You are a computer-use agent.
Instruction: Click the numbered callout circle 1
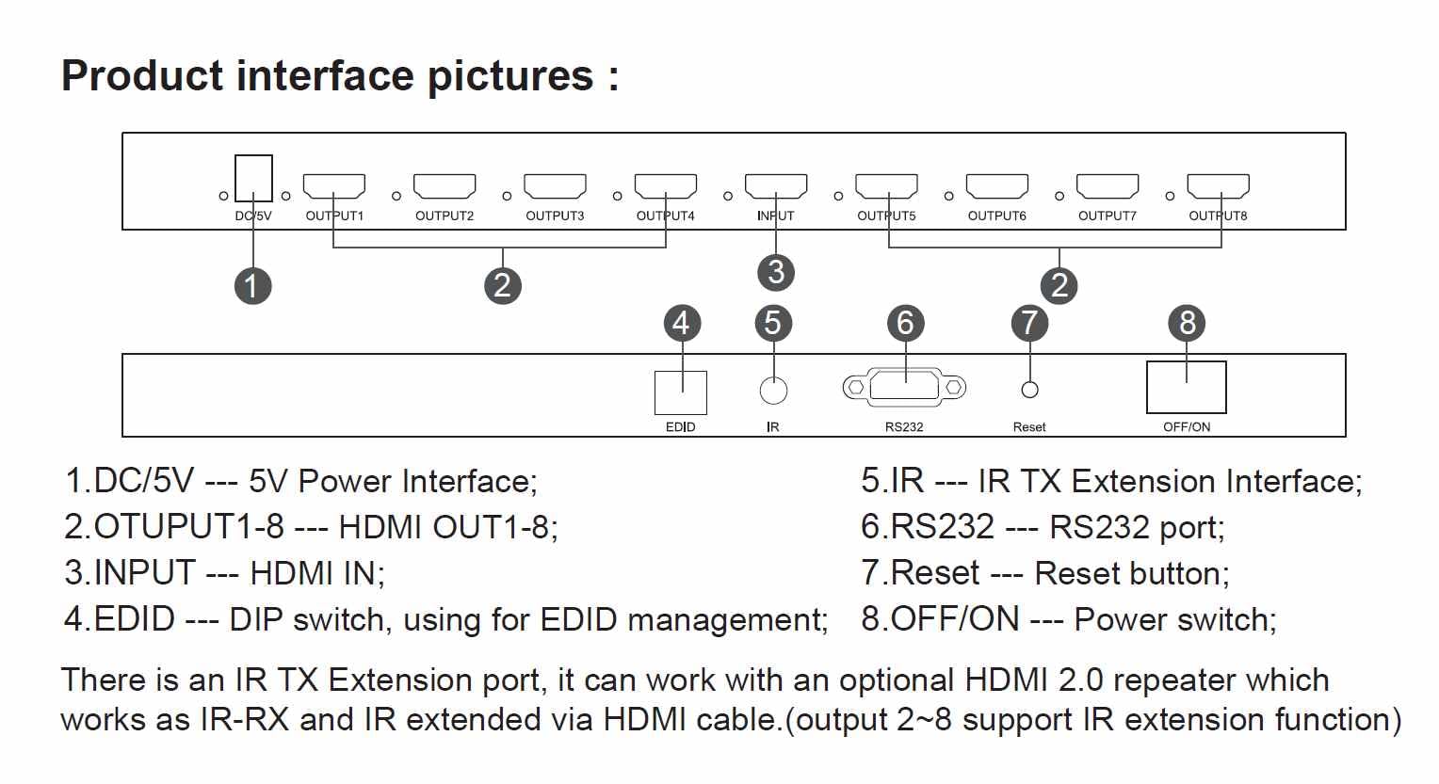252,286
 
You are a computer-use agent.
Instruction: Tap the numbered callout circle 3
776,272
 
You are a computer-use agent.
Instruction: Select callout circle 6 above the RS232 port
905,322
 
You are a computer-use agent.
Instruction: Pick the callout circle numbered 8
1187,322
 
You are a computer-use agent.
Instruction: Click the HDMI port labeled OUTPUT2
445,186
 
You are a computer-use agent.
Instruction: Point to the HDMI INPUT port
776,186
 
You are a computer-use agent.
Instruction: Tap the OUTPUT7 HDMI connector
1108,186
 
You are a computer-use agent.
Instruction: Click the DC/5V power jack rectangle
253,179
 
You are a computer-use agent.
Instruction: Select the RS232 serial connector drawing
904,387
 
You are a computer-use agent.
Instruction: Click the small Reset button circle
1029,390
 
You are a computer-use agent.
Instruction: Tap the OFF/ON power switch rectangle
1187,387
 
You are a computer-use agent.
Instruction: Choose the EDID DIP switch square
681,393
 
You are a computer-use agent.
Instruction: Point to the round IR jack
773,391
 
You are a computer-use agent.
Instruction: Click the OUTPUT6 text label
997,216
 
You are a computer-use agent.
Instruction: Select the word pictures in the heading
510,77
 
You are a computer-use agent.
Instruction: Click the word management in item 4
727,620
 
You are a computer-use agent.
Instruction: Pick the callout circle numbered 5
773,322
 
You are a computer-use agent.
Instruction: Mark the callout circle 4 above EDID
682,322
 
